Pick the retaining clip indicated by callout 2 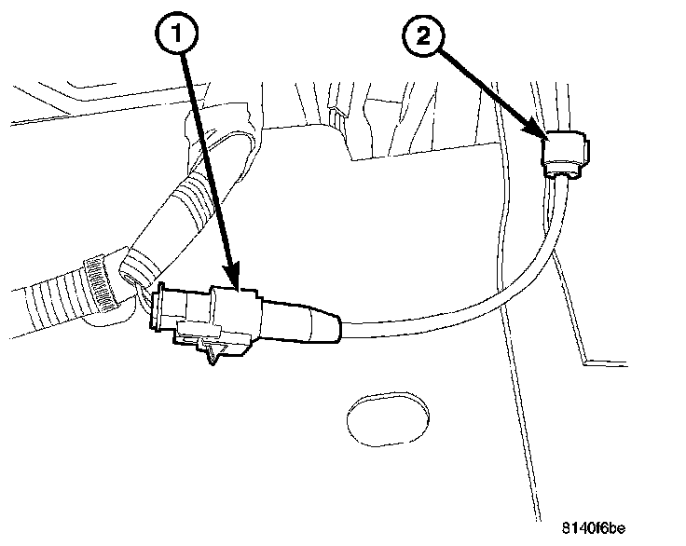567,154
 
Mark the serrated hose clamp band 100,280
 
